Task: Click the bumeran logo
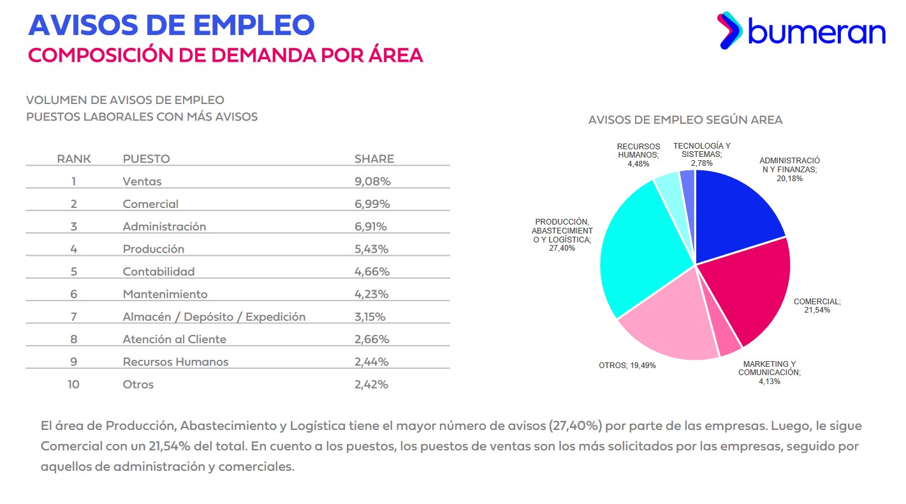(801, 30)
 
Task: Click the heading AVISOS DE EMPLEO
(172, 25)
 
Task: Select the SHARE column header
(374, 159)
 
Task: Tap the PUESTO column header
(146, 159)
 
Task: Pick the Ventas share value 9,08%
(372, 181)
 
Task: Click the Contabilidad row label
(159, 271)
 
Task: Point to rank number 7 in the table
(74, 316)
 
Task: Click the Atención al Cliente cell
(174, 339)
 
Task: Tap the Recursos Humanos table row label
(175, 362)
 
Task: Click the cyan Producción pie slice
(641, 249)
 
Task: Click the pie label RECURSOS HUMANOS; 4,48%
(638, 155)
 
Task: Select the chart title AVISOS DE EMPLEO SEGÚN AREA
(685, 120)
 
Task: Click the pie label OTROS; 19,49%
(627, 366)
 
